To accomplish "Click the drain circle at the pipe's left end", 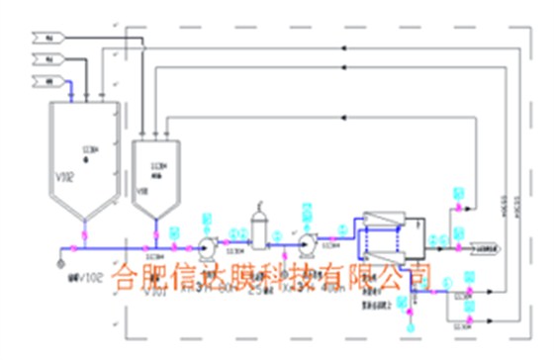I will coord(61,263).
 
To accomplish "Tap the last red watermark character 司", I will coord(418,274).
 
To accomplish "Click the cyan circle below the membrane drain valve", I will coord(411,321).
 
